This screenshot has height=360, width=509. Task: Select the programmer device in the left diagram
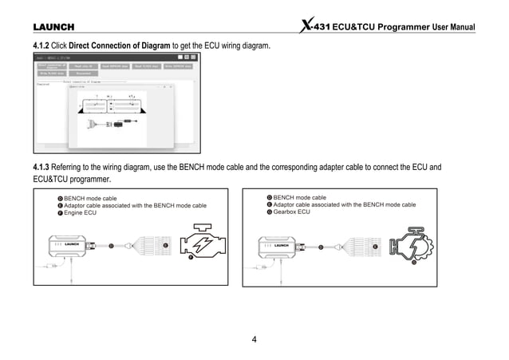pos(73,247)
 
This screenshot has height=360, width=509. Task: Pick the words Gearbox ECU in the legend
pos(291,212)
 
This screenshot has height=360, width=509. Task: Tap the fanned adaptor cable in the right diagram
pos(359,247)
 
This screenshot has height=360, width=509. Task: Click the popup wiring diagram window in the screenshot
pos(120,116)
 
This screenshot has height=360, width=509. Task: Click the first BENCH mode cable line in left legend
pos(89,197)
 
